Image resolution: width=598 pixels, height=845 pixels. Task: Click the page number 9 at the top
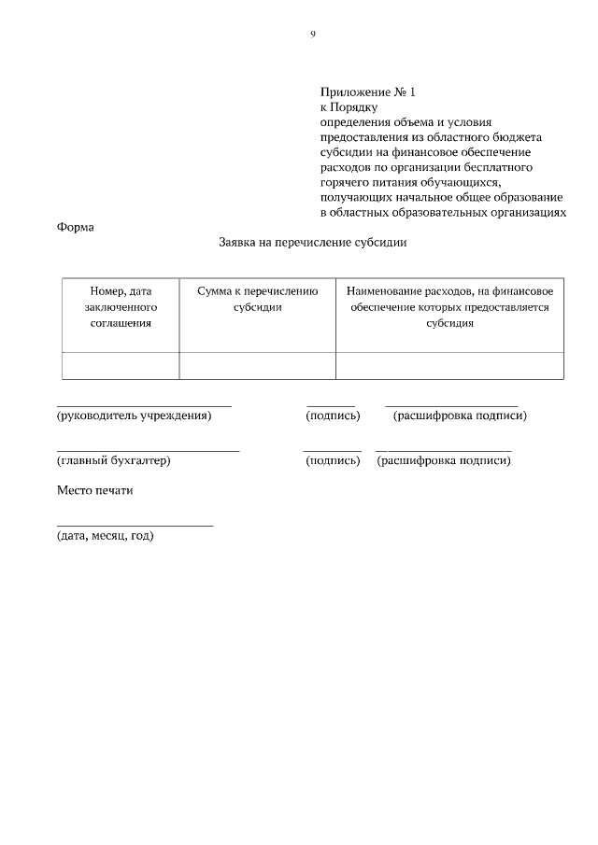click(313, 35)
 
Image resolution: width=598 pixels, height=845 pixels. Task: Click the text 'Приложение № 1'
click(366, 92)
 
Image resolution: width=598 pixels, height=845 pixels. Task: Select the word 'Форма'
click(75, 227)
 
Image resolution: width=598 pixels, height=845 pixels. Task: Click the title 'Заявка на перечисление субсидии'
click(312, 243)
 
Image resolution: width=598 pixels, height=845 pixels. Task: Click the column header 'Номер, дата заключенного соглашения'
click(121, 307)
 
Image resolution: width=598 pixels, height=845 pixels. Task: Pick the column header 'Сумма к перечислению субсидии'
click(257, 299)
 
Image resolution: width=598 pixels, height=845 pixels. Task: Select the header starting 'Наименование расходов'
click(449, 307)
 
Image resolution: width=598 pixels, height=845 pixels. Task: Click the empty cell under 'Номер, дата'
click(121, 366)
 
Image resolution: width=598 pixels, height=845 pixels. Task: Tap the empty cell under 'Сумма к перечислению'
click(257, 366)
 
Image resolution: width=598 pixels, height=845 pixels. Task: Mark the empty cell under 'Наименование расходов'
click(449, 366)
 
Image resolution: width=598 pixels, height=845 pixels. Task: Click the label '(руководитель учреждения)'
click(134, 415)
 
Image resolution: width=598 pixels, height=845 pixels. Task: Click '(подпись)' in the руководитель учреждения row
click(333, 415)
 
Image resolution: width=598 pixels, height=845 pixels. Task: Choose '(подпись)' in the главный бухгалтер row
click(332, 460)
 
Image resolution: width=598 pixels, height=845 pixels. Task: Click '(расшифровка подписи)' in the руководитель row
click(460, 415)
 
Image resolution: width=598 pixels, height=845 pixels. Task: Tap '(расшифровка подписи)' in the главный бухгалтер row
click(444, 460)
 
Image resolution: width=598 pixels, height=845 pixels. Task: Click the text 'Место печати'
click(94, 491)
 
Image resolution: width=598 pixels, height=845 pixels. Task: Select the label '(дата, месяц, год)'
click(105, 536)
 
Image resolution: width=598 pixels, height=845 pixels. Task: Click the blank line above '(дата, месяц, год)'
click(135, 525)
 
